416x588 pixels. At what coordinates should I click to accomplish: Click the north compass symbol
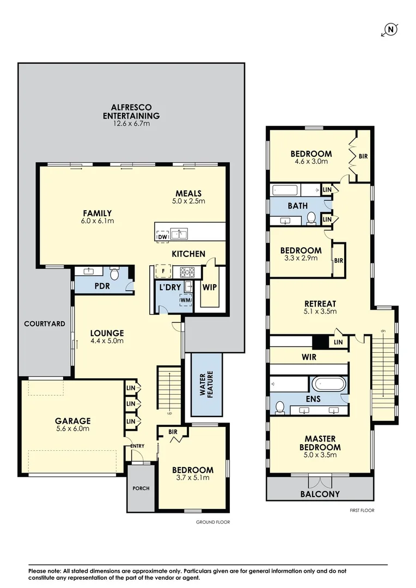(390, 30)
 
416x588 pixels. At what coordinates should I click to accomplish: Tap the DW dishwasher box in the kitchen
(162, 237)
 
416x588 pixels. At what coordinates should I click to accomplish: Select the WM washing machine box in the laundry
(186, 299)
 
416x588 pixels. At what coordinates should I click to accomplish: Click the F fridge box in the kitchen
(162, 271)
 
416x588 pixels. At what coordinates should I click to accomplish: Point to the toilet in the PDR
(114, 272)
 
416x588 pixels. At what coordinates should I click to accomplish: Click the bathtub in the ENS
(328, 384)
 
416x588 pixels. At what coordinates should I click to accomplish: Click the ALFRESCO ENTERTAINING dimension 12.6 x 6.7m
(131, 124)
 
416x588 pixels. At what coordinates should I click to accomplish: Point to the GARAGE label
(72, 421)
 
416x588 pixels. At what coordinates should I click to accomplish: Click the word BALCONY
(320, 494)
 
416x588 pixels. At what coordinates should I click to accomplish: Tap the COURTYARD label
(45, 324)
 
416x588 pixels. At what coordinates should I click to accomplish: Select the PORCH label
(140, 488)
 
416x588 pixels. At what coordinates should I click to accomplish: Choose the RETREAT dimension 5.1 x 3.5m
(320, 312)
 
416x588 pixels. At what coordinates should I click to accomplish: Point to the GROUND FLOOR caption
(213, 522)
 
